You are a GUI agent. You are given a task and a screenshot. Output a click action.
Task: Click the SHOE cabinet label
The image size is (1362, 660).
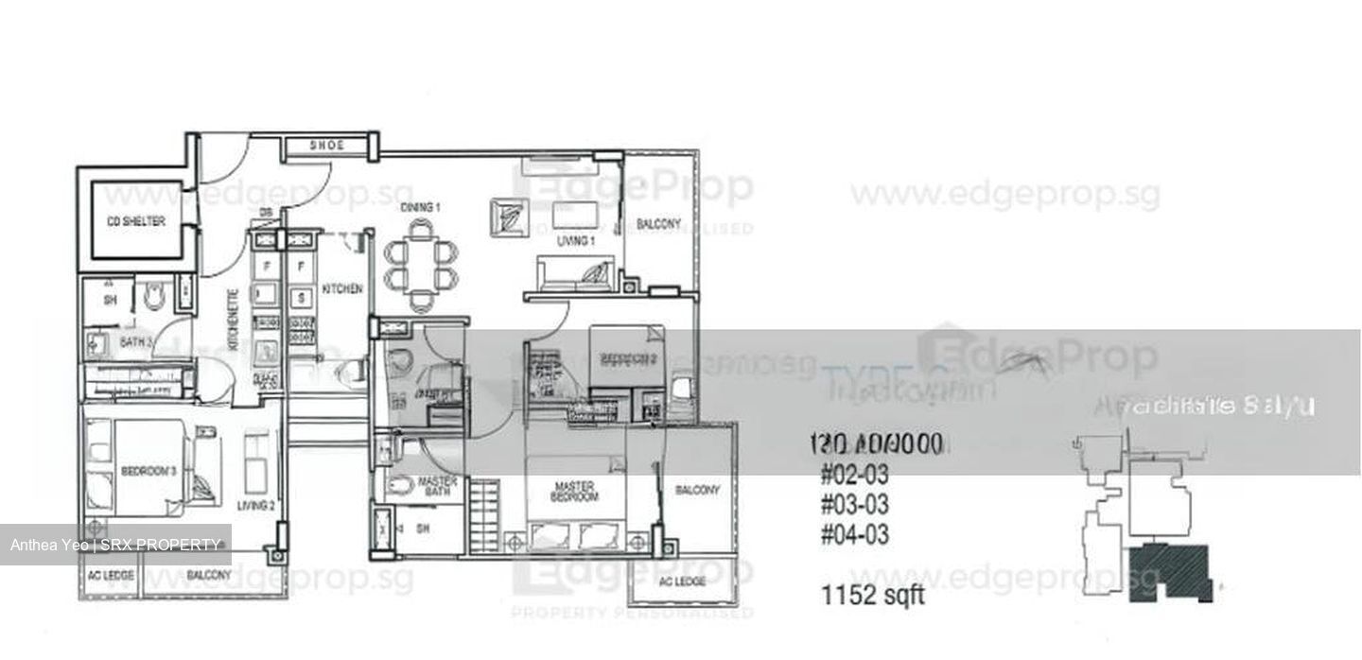click(326, 146)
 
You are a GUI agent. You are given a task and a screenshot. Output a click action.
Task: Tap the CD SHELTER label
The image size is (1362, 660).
click(135, 221)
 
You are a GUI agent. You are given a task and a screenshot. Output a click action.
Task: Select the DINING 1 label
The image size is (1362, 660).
click(421, 207)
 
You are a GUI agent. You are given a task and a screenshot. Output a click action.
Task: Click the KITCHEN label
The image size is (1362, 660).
click(341, 288)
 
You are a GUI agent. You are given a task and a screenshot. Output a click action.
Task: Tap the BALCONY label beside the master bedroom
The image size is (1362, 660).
click(697, 490)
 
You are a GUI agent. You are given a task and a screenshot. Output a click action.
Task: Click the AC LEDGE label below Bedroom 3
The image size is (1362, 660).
click(110, 575)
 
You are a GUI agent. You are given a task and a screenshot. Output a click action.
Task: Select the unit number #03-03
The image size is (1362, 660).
click(854, 504)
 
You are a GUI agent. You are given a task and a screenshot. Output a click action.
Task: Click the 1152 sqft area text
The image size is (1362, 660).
click(874, 597)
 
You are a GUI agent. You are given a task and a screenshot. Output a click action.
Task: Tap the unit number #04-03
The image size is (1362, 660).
click(854, 535)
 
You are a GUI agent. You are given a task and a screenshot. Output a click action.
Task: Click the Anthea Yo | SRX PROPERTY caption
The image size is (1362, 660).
click(115, 545)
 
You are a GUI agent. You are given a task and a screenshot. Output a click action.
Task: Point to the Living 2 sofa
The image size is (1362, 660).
click(256, 460)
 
